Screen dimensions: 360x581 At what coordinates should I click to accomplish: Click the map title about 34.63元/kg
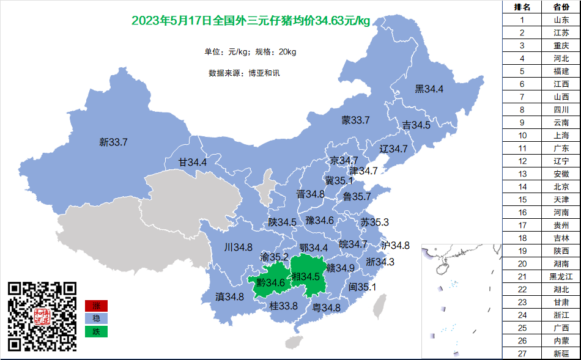[251, 21]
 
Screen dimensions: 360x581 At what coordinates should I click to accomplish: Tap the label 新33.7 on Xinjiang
[113, 142]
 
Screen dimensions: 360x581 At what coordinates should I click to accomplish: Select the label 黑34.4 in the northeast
[429, 89]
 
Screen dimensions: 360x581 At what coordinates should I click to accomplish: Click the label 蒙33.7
[355, 120]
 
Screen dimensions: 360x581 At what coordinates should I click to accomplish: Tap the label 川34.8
[239, 248]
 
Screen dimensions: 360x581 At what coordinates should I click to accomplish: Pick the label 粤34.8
[327, 308]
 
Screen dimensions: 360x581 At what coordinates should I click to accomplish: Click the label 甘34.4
[192, 163]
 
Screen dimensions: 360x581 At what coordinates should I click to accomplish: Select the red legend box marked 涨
[96, 306]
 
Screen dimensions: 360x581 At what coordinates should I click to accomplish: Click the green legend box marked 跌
[96, 331]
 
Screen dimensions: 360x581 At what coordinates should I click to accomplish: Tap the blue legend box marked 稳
[96, 318]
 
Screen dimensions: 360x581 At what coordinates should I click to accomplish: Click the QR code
[42, 316]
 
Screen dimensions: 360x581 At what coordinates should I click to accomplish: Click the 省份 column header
[561, 7]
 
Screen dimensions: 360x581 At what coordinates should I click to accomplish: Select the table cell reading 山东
[561, 20]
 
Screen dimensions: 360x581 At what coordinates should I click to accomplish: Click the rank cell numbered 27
[522, 354]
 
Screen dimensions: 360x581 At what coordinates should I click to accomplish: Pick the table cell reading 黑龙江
[561, 276]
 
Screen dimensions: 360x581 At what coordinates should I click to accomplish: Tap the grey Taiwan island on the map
[380, 306]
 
